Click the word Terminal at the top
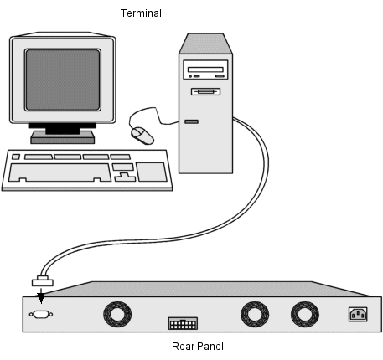tap(141, 13)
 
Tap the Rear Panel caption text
tap(198, 347)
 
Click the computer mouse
tap(142, 136)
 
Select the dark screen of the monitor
tap(63, 80)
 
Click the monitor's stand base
tap(63, 137)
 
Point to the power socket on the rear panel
tap(358, 315)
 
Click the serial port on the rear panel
tap(41, 315)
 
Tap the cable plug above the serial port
tap(43, 281)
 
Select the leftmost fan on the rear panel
tap(117, 314)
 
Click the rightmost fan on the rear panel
tap(305, 314)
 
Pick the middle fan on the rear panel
tap(255, 314)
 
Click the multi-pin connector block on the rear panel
tap(183, 323)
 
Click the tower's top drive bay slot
tap(205, 69)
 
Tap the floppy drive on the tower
tap(205, 91)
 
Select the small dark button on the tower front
tap(191, 121)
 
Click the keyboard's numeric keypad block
tap(152, 172)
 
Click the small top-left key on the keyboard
tap(16, 157)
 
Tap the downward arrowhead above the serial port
tap(41, 299)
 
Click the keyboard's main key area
tap(60, 172)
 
